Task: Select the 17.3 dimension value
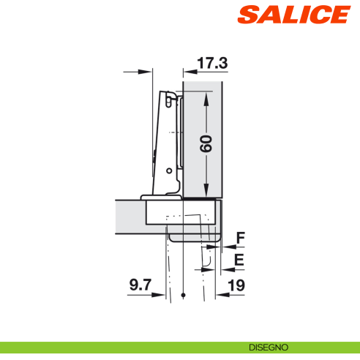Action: click(x=213, y=64)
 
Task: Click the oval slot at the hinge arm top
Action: click(x=172, y=96)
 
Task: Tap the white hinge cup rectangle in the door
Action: click(x=182, y=211)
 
